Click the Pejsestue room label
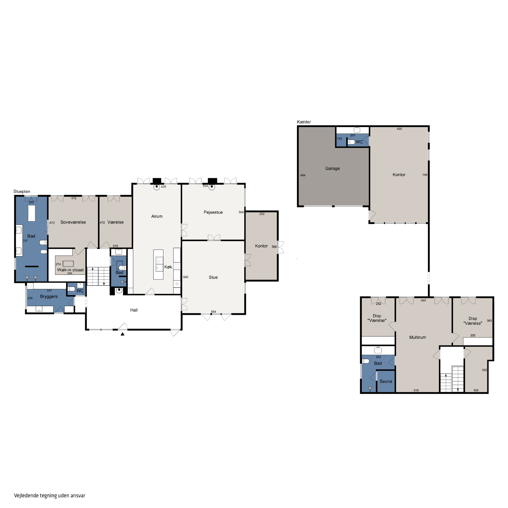coord(213,212)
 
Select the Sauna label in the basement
coord(386,381)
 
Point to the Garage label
coord(332,168)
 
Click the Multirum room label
coord(418,337)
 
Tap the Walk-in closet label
coord(70,270)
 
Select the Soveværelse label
coord(73,222)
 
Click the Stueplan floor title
coord(22,191)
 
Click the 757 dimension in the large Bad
coord(25,241)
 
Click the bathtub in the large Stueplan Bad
coord(31,213)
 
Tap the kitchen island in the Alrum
coord(158,264)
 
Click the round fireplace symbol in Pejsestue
coord(212,187)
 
